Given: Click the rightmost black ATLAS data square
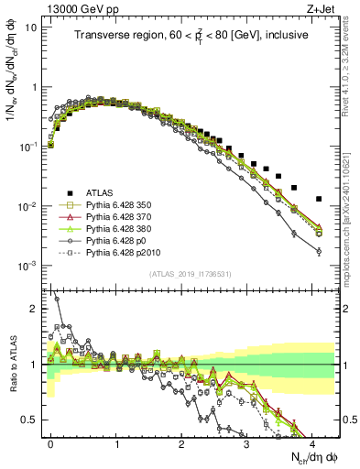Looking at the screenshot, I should coord(319,199).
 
